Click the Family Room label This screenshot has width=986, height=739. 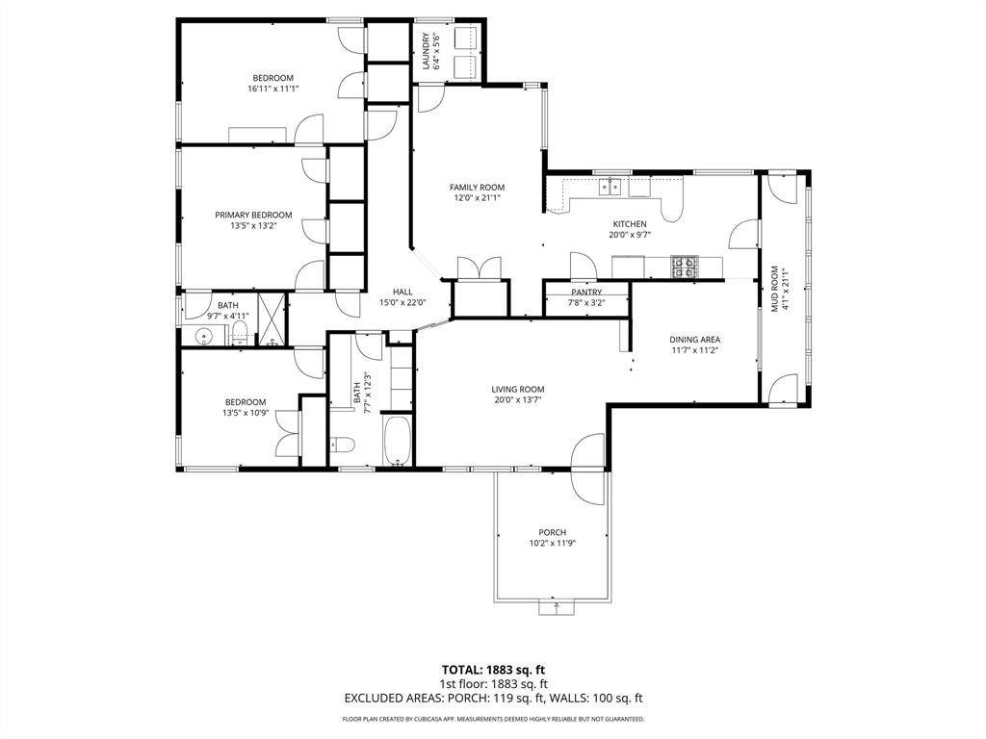coord(477,188)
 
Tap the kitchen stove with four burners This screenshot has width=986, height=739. coord(684,266)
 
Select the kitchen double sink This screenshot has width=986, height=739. coord(610,187)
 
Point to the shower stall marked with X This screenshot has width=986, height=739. coord(272,321)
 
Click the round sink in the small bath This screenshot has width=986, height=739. coord(203,336)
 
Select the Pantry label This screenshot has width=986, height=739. coord(586,293)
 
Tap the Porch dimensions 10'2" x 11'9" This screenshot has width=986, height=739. coord(552,544)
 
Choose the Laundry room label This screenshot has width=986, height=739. coord(425,52)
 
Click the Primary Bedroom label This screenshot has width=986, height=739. coord(253,216)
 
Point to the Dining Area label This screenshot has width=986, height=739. coord(694,340)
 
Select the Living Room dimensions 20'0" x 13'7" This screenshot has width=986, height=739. coord(519,400)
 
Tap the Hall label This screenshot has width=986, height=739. coord(402,292)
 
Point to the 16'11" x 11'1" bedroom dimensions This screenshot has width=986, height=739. coord(273,89)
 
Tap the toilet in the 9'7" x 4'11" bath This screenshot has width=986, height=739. coord(241,334)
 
